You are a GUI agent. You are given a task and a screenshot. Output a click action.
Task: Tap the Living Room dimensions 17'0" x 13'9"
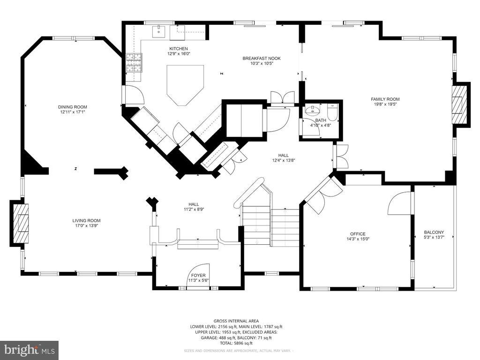(x=86, y=225)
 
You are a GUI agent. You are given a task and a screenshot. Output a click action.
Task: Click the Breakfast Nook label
(x=261, y=59)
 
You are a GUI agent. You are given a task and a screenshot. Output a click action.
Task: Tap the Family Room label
(x=385, y=99)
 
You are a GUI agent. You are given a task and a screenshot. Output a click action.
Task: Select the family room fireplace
(x=459, y=104)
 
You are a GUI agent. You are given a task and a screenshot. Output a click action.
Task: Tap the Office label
(x=357, y=234)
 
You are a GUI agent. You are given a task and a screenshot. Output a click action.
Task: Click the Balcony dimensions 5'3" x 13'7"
(x=434, y=238)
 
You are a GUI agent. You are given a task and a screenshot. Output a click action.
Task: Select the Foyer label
(x=198, y=276)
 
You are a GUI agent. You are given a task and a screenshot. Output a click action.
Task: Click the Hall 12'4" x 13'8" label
(x=283, y=155)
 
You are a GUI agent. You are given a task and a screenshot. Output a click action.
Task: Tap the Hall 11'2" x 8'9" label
(x=194, y=204)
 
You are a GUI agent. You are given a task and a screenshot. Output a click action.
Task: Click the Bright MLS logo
(x=29, y=350)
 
